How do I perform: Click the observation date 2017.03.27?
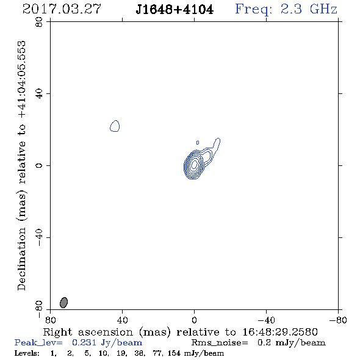(x=62, y=9)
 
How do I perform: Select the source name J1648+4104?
(x=175, y=10)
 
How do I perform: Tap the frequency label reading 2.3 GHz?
(x=309, y=9)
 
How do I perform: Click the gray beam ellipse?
(x=64, y=303)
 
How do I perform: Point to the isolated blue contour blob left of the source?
(x=115, y=126)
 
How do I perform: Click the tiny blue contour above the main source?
(x=198, y=143)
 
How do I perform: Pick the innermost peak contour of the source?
(x=194, y=164)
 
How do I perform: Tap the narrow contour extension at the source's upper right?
(x=216, y=144)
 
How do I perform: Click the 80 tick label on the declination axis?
(x=39, y=22)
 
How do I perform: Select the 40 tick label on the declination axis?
(x=39, y=94)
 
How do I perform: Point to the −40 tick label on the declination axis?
(x=39, y=237)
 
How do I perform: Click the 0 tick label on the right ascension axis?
(x=194, y=320)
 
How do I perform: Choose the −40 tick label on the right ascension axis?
(x=266, y=320)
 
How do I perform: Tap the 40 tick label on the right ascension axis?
(x=122, y=320)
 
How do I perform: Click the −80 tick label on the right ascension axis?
(x=338, y=320)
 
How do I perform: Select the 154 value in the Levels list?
(x=174, y=353)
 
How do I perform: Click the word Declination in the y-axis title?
(x=21, y=259)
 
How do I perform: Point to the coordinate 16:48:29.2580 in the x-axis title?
(x=280, y=332)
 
